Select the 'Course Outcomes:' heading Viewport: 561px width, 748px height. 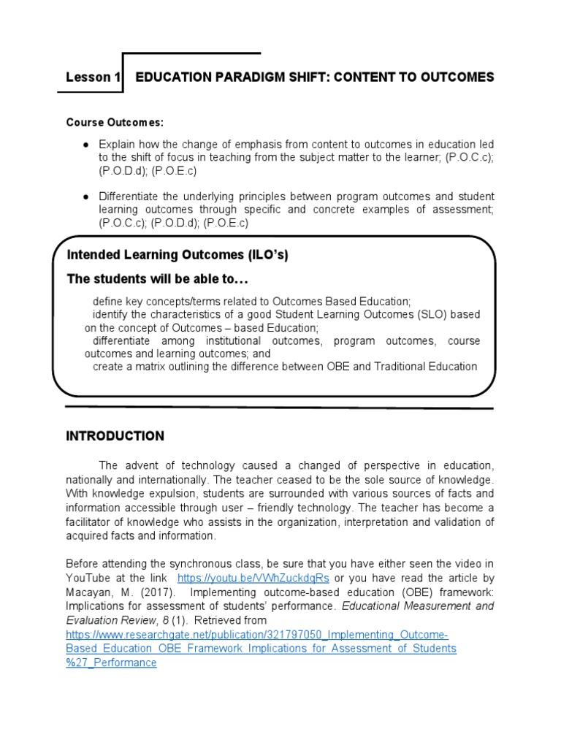(x=115, y=122)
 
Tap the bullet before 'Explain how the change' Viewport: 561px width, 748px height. (x=85, y=145)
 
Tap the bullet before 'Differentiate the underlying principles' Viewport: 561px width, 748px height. (x=85, y=197)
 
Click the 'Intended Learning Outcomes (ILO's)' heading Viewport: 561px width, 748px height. (x=172, y=255)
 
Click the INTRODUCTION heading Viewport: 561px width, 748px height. (x=115, y=436)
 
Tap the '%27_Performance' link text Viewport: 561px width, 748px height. (x=111, y=663)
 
